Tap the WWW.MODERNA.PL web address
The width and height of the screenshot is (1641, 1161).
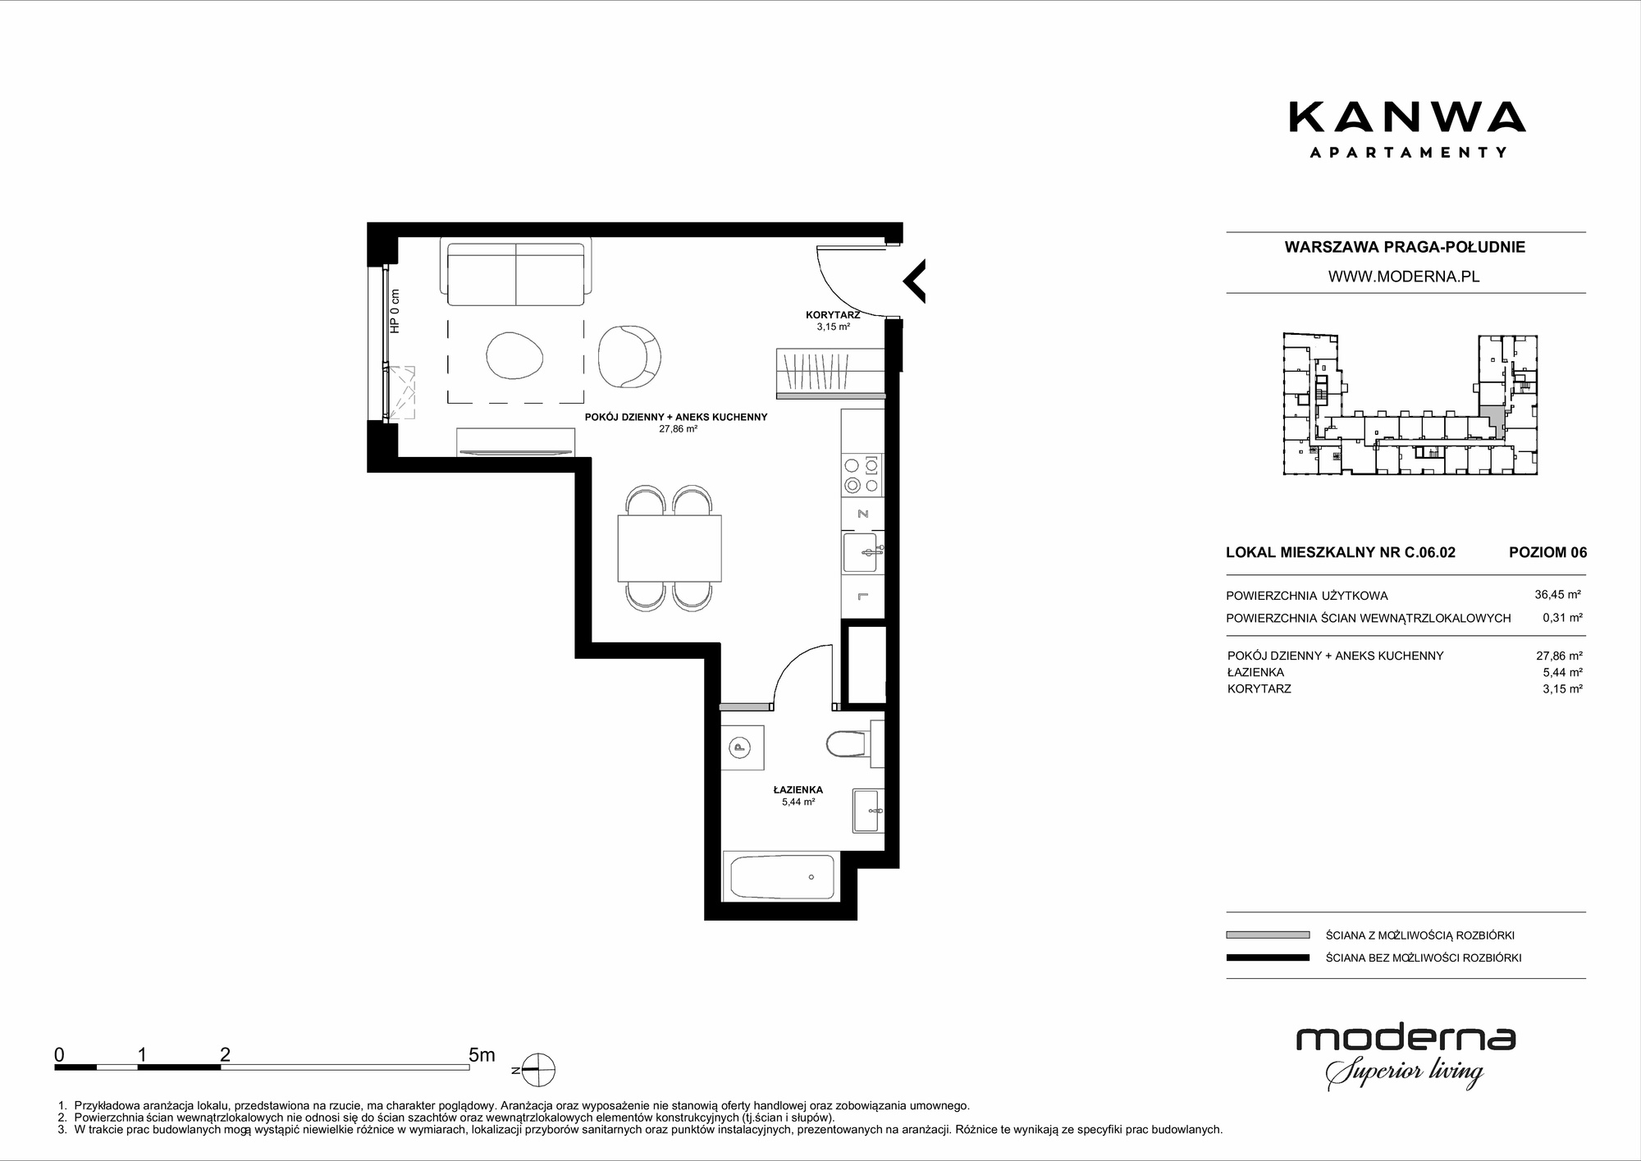(1404, 277)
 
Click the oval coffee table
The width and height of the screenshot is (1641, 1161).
(514, 355)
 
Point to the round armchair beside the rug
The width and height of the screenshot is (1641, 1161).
(629, 356)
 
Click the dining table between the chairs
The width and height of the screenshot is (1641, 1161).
(670, 548)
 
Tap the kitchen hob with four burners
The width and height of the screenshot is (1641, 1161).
(863, 475)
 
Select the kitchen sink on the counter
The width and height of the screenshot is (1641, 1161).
(864, 552)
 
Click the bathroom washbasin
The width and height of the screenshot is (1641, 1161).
(867, 811)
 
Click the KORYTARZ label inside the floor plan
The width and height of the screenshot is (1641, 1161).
(832, 314)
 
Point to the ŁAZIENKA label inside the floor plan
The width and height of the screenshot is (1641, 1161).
(798, 789)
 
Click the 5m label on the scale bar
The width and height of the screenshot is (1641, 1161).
(482, 1055)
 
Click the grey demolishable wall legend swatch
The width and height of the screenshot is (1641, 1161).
(1268, 935)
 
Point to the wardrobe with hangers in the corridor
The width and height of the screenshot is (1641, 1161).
(830, 374)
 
